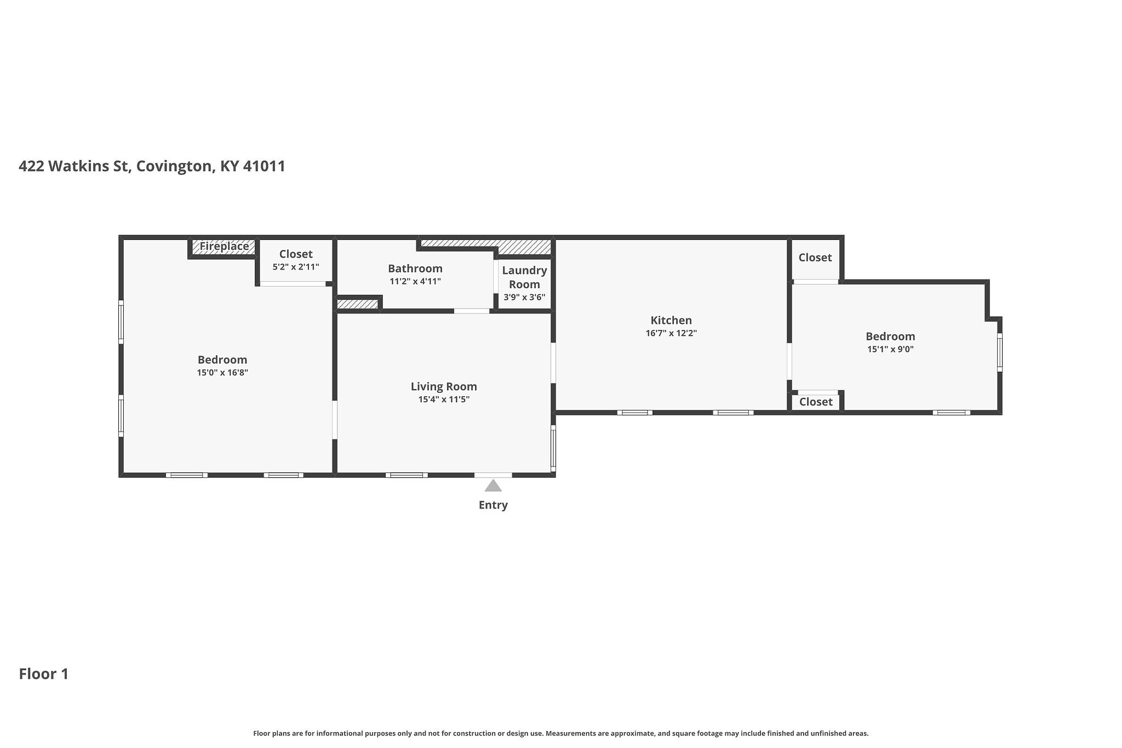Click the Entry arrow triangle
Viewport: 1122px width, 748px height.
(x=493, y=486)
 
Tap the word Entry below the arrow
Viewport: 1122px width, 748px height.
(x=493, y=505)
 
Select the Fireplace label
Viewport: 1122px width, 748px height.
(x=224, y=246)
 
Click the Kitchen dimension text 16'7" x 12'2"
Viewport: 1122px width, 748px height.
(x=671, y=333)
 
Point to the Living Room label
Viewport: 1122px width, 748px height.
(x=444, y=386)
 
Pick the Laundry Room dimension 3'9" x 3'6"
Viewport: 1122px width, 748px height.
(x=524, y=298)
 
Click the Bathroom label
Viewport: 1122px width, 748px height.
(x=415, y=269)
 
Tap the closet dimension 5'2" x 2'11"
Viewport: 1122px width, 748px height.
(x=296, y=267)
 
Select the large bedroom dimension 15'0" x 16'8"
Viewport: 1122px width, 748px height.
(x=222, y=373)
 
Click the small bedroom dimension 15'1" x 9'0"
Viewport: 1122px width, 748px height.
(x=890, y=349)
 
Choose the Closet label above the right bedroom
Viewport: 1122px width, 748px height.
(x=815, y=258)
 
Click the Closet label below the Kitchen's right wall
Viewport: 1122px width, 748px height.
(x=816, y=402)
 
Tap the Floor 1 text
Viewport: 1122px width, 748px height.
(x=44, y=673)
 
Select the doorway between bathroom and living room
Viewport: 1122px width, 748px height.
(x=472, y=311)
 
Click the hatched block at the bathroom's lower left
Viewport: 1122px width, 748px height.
(x=357, y=303)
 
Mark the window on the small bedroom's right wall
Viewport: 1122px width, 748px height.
(x=999, y=352)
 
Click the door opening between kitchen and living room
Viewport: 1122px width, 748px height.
(x=553, y=363)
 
